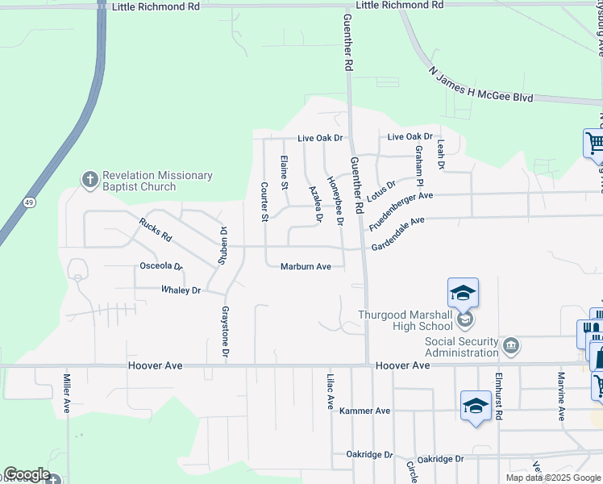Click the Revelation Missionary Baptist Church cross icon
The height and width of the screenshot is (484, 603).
pos(89,179)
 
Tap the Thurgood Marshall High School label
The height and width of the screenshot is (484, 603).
pos(405,321)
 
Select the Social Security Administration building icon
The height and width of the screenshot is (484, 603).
pos(511,347)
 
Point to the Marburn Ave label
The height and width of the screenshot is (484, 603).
pos(306,267)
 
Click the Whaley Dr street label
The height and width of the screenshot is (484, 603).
pos(181,290)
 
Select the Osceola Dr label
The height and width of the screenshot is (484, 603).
pos(161,265)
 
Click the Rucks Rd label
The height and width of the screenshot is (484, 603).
pos(156,230)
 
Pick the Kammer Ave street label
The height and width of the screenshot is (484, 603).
pos(364,411)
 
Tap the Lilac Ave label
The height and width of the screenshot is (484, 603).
pos(330,391)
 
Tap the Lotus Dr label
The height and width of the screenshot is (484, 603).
pos(381,190)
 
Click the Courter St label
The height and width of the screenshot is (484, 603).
pos(264,202)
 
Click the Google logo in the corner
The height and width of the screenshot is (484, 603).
pos(26,474)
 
